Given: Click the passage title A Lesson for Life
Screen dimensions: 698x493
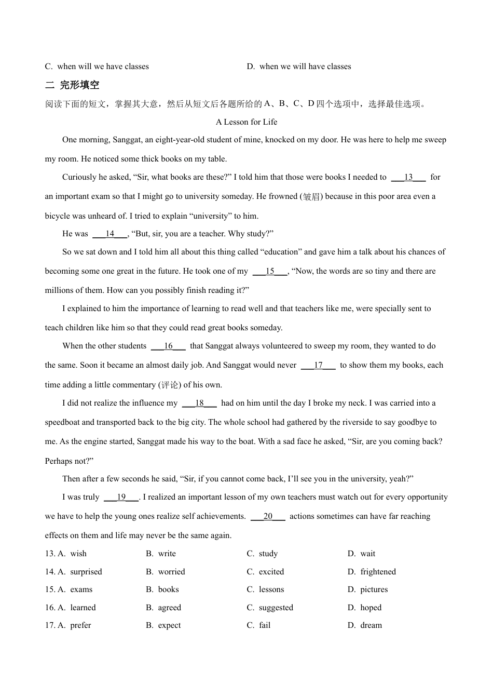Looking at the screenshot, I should coord(246,122).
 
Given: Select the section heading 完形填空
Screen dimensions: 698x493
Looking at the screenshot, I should coord(79,85).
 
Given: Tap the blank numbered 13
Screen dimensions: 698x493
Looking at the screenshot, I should coord(408,177).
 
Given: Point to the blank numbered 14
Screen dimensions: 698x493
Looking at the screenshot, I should coord(110,234).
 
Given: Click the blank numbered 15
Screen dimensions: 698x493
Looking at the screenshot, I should coord(270,271).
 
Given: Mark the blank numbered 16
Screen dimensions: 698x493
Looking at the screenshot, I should coord(168,346).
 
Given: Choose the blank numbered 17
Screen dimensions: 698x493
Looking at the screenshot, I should coord(318,365).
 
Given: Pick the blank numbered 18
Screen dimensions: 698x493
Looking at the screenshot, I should coord(199,403).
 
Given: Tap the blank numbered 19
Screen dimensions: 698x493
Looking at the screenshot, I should coord(121,497).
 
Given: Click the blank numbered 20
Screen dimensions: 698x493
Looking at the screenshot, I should coord(268,516).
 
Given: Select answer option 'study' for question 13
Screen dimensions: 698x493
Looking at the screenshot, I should coord(268,554).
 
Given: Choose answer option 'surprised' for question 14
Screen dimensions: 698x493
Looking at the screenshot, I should coord(86,572).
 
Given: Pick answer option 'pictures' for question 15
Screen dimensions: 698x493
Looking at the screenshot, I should coord(374,589).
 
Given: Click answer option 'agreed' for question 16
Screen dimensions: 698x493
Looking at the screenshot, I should coord(170,608).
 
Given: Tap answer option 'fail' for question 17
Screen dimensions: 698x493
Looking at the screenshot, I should coord(265,625).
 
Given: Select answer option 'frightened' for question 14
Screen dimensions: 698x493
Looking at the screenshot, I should coord(378,572).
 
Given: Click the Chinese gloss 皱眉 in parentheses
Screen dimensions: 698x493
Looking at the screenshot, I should coord(311,197).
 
